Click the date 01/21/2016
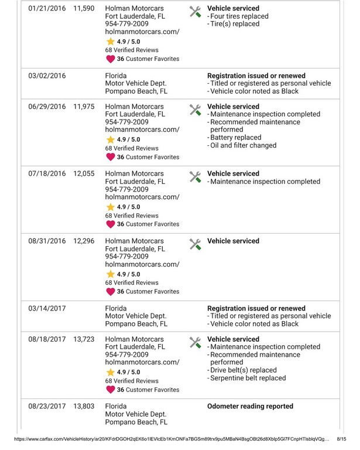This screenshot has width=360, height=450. [47, 9]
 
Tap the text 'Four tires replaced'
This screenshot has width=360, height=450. [240, 16]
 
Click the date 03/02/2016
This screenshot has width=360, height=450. [47, 76]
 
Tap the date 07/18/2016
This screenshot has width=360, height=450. [47, 174]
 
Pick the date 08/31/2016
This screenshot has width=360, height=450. [47, 241]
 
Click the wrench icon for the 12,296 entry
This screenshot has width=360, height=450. [196, 244]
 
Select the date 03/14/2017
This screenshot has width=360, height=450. [47, 308]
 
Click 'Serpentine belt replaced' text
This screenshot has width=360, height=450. [248, 379]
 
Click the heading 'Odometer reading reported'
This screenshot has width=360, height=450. [250, 406]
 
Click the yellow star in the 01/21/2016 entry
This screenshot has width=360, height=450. [109, 42]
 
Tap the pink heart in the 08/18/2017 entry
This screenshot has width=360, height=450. [109, 390]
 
